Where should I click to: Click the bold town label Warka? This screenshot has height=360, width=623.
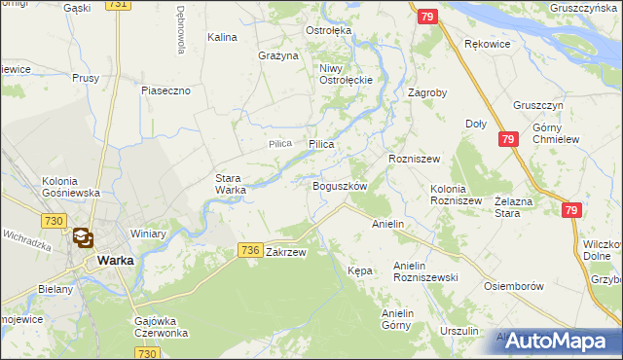tap(115, 260)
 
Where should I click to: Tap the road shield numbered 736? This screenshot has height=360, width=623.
tap(249, 251)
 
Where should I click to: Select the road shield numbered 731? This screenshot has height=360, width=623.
tap(118, 5)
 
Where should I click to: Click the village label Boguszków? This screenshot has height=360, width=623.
tap(339, 186)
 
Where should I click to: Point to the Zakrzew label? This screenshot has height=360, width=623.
tap(286, 252)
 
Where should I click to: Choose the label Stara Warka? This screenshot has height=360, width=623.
tap(230, 184)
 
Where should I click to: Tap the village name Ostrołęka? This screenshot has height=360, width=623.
tap(328, 30)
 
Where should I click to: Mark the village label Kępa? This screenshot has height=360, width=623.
tap(360, 270)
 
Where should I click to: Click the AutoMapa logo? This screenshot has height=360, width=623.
tap(555, 341)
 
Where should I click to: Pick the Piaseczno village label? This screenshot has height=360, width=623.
tap(171, 90)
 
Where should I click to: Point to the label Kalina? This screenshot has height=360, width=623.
tap(222, 37)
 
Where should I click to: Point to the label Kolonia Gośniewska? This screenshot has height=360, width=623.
tap(71, 187)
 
